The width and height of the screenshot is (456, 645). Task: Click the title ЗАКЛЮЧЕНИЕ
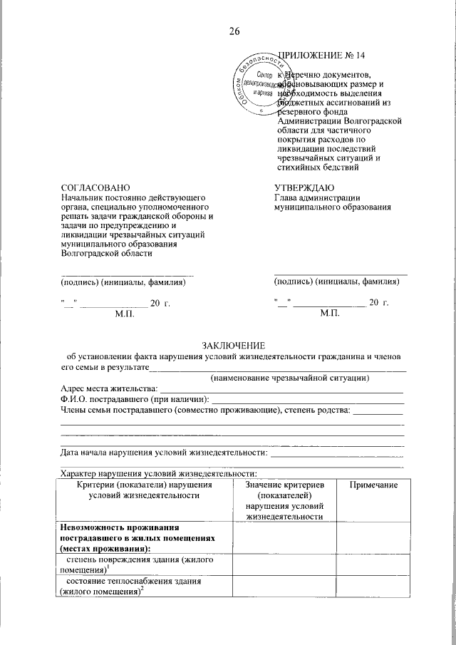point(233,344)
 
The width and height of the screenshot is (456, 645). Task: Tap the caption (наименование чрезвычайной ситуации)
point(289,377)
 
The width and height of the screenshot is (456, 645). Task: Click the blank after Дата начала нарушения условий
point(338,453)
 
